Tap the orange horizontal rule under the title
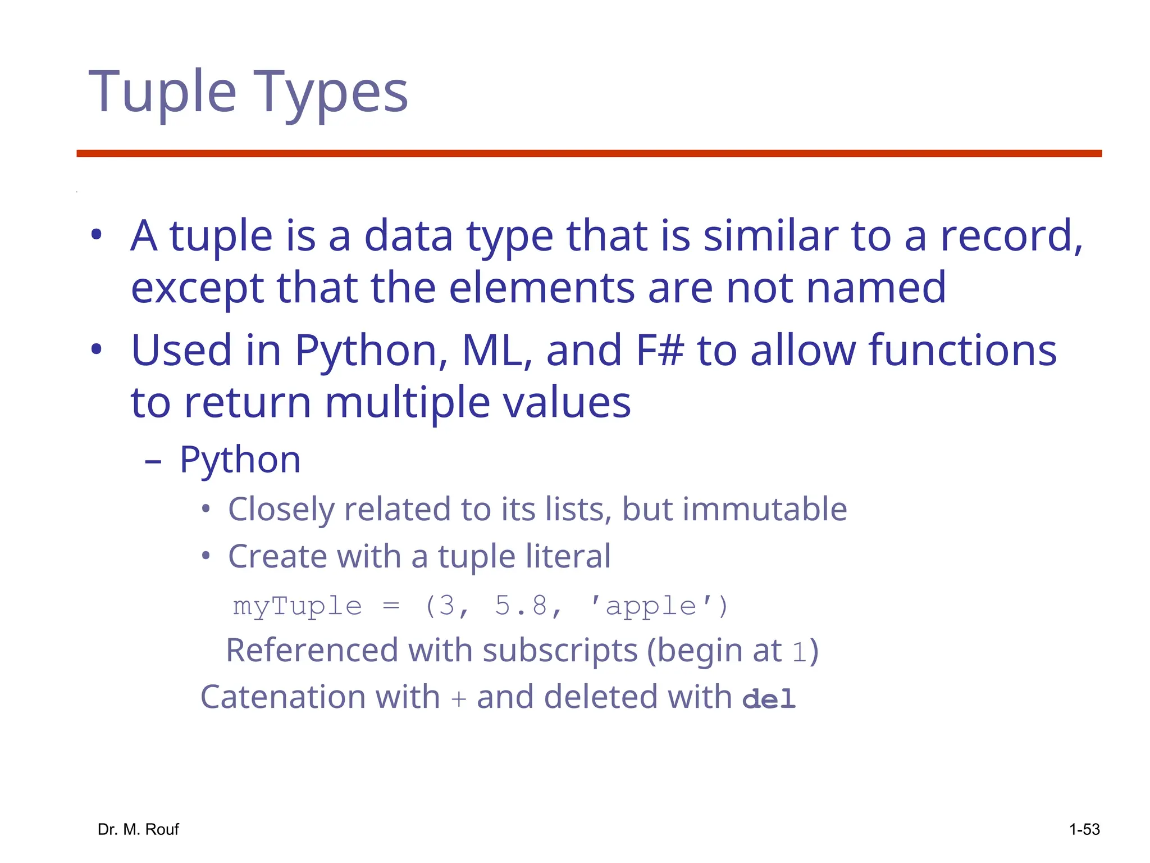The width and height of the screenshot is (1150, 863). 589,153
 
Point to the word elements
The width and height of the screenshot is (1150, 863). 541,288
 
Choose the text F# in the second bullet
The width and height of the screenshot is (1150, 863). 660,350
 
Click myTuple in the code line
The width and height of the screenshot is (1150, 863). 298,606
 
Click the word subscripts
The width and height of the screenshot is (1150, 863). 560,651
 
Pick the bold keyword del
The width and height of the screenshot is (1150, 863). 769,699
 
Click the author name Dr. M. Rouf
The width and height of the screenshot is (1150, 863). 138,829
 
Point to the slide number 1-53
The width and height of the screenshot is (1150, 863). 1084,829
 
